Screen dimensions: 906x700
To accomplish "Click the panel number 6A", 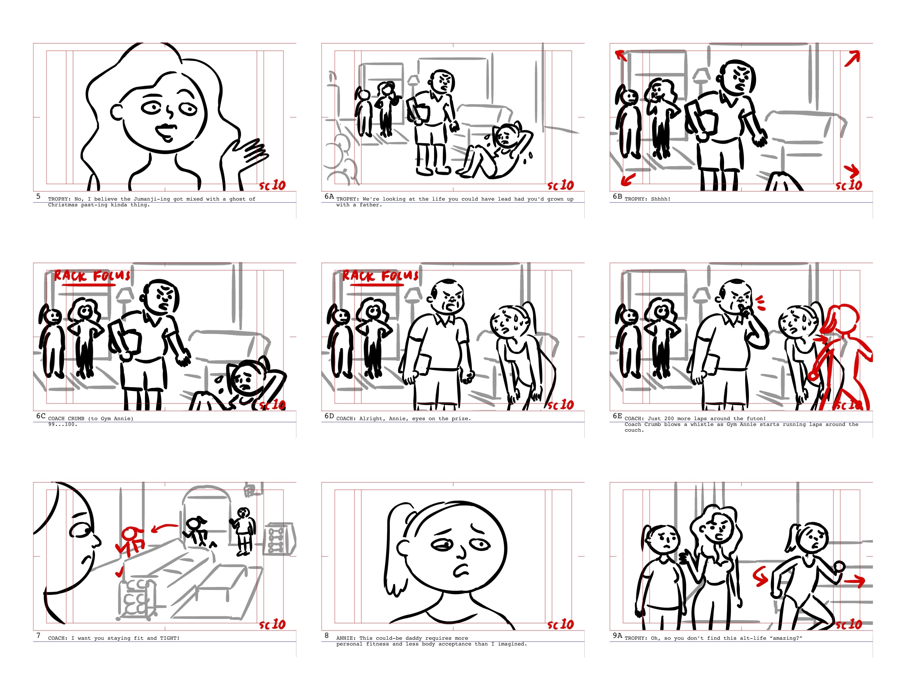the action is tap(329, 196).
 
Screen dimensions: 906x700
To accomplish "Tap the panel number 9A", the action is tap(617, 635).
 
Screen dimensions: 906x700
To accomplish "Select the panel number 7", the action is tap(39, 635).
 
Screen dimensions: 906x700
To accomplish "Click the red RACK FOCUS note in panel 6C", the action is tap(92, 276).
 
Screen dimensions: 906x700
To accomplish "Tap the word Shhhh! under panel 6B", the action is tap(660, 199).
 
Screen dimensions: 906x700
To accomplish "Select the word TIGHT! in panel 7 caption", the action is tap(170, 638).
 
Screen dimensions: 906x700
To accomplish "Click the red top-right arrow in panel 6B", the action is tap(852, 58).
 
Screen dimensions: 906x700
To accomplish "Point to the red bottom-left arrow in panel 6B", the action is tap(628, 180).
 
